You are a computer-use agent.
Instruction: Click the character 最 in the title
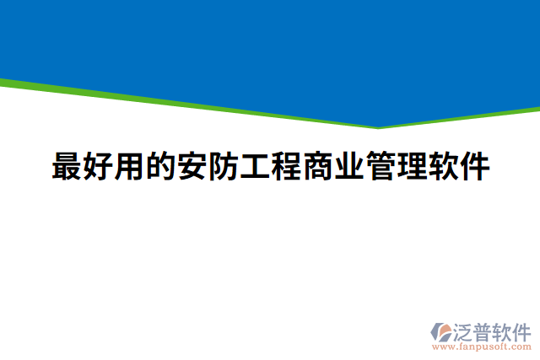67,166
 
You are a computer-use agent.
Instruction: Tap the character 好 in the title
99,166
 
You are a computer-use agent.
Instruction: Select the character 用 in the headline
130,166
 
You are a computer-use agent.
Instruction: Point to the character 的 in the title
161,166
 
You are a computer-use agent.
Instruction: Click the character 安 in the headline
192,166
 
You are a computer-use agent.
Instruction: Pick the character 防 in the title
224,166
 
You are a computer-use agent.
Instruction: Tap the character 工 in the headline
255,166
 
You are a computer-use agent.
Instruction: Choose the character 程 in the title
286,166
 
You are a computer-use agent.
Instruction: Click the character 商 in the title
317,166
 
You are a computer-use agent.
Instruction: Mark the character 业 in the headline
348,166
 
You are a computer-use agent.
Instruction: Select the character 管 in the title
380,166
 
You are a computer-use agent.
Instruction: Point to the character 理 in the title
411,166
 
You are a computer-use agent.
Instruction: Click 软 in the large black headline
442,166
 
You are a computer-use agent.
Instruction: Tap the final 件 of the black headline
473,166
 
